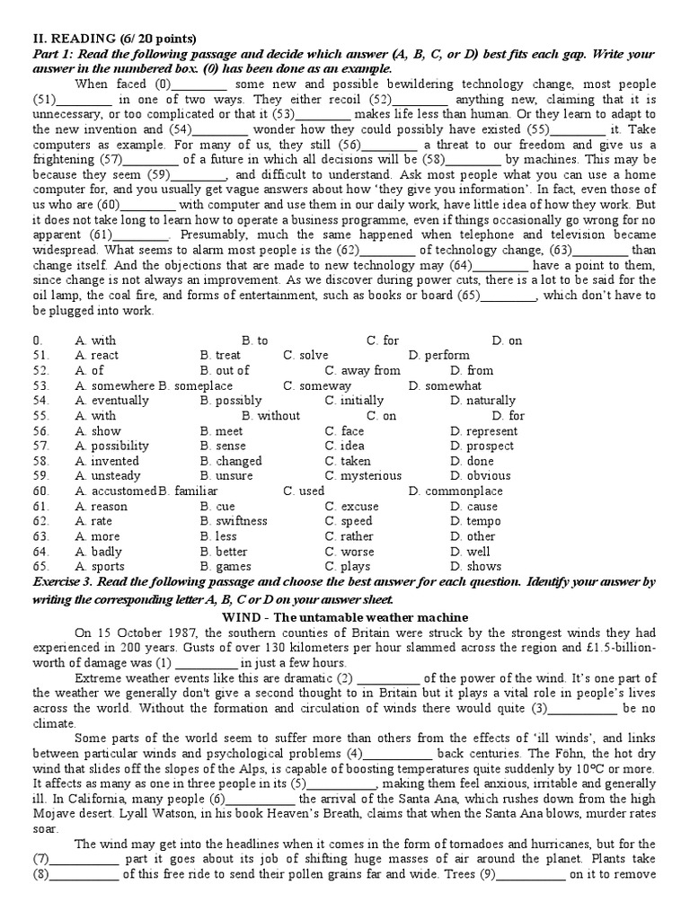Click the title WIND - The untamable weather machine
(x=344, y=617)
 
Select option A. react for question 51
(x=97, y=355)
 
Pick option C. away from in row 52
(x=363, y=370)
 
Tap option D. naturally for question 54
(x=483, y=400)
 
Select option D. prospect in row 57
(x=482, y=446)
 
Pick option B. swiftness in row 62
(x=234, y=521)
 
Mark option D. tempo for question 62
(x=475, y=521)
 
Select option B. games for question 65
(x=226, y=566)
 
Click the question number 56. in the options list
(x=40, y=430)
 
